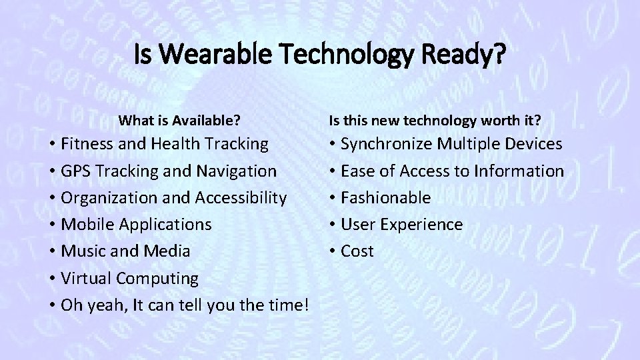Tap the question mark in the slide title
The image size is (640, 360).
point(500,55)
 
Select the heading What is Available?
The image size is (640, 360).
point(179,121)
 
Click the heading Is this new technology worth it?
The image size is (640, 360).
point(435,121)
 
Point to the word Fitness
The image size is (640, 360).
point(88,144)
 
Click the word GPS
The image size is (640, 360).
point(78,171)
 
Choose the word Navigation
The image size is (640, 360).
point(238,171)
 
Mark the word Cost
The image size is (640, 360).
point(357,251)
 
